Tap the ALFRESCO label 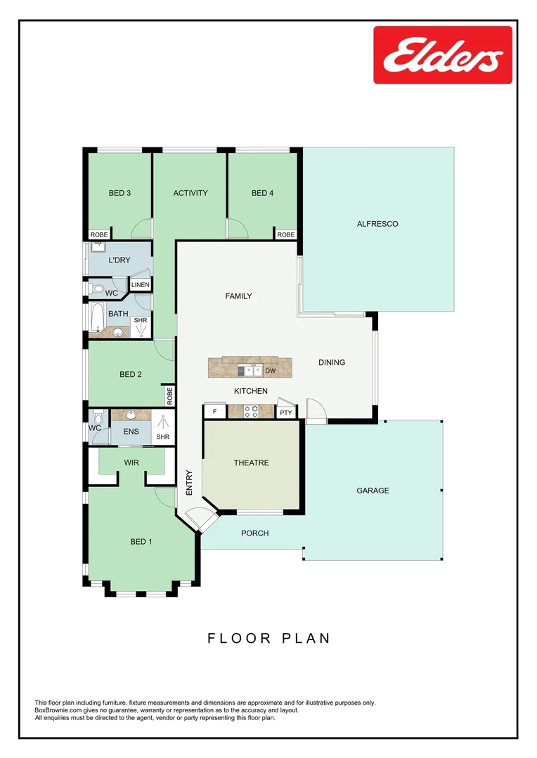pyautogui.click(x=377, y=224)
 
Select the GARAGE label pyautogui.click(x=373, y=491)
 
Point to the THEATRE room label pyautogui.click(x=252, y=463)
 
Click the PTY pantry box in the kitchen pyautogui.click(x=285, y=413)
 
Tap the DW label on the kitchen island pyautogui.click(x=270, y=371)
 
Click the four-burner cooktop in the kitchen pyautogui.click(x=251, y=412)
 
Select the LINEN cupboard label pyautogui.click(x=140, y=285)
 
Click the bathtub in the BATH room pyautogui.click(x=97, y=317)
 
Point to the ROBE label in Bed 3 pyautogui.click(x=98, y=234)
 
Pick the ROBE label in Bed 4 pyautogui.click(x=285, y=234)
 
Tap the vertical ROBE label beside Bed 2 pyautogui.click(x=169, y=397)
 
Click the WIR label pyautogui.click(x=131, y=463)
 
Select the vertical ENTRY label pyautogui.click(x=189, y=483)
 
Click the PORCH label pyautogui.click(x=254, y=533)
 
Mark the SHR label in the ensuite pyautogui.click(x=162, y=437)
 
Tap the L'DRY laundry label pyautogui.click(x=119, y=260)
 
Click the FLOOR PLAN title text pyautogui.click(x=268, y=638)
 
